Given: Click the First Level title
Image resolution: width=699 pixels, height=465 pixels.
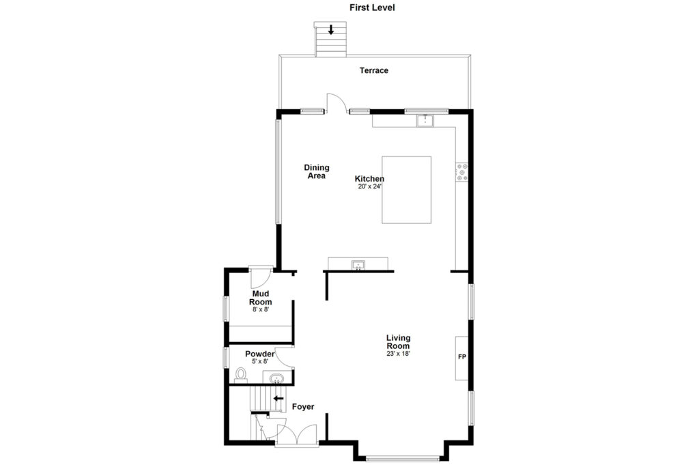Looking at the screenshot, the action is pyautogui.click(x=372, y=8).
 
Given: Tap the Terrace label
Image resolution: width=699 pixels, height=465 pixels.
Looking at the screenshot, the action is pyautogui.click(x=374, y=70).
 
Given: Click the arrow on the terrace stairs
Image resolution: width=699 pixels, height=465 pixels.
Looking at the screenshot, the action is pyautogui.click(x=331, y=30).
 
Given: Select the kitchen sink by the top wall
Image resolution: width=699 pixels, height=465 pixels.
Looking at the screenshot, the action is pyautogui.click(x=425, y=120).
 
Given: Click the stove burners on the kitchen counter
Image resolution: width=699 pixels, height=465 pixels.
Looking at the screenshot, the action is pyautogui.click(x=462, y=172).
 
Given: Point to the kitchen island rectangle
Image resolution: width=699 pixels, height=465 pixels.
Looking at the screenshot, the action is pyautogui.click(x=406, y=190).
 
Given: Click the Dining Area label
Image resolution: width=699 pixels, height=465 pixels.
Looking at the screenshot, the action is pyautogui.click(x=317, y=171).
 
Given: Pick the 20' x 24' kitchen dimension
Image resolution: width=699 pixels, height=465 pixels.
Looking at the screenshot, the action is pyautogui.click(x=370, y=187).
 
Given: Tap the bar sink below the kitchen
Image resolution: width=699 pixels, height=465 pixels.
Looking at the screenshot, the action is pyautogui.click(x=358, y=266).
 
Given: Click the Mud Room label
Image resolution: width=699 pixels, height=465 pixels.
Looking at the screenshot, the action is pyautogui.click(x=260, y=298).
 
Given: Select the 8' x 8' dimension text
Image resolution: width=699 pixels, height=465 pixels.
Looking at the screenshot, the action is pyautogui.click(x=261, y=309).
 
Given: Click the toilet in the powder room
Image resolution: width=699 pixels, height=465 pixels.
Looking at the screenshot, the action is pyautogui.click(x=241, y=375).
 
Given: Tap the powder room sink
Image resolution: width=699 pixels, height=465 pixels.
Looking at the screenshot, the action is pyautogui.click(x=277, y=378).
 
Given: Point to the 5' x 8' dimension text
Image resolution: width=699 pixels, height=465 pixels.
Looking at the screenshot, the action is pyautogui.click(x=260, y=362).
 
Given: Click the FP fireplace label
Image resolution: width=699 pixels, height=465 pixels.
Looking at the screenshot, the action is pyautogui.click(x=462, y=357).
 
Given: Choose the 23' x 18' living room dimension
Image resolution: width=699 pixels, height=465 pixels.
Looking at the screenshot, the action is pyautogui.click(x=398, y=354).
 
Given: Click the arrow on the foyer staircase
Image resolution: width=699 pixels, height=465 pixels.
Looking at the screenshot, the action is pyautogui.click(x=279, y=398).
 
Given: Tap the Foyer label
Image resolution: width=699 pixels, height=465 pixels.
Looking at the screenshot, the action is pyautogui.click(x=303, y=406).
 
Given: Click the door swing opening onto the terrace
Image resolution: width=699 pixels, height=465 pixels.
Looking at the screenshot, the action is pyautogui.click(x=337, y=102).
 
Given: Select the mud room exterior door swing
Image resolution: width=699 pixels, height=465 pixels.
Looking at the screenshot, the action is pyautogui.click(x=260, y=277).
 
